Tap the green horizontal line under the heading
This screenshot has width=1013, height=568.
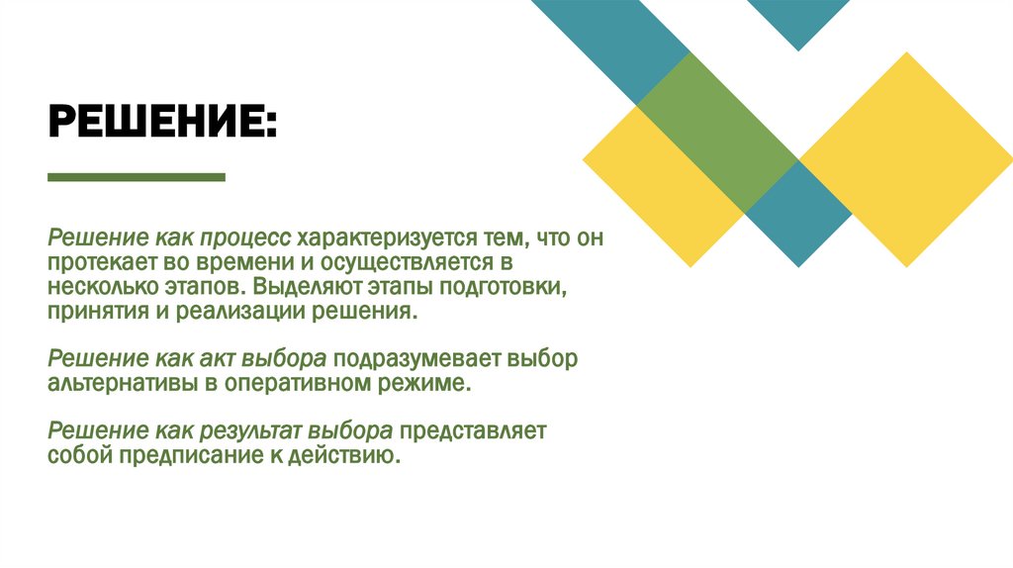point(137,177)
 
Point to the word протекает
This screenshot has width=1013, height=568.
point(92,264)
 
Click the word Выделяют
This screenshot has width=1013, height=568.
point(295,288)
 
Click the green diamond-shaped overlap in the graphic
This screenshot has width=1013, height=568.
point(717,132)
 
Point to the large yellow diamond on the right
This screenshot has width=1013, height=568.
point(905,158)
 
